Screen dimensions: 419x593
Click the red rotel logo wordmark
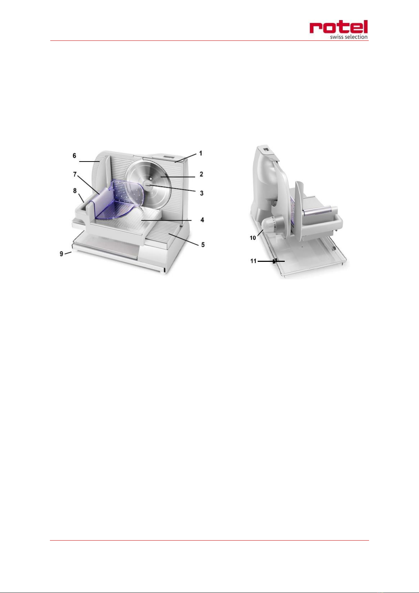click(339, 27)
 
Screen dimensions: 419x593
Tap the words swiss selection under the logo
click(349, 37)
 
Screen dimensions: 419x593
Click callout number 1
click(201, 153)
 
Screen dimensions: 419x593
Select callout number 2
click(201, 174)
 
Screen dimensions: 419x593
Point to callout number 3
click(202, 193)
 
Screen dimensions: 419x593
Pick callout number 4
click(202, 220)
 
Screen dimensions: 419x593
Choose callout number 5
click(203, 245)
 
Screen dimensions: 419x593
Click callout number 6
click(74, 156)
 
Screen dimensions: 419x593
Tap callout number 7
click(75, 174)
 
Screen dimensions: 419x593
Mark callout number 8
click(75, 190)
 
